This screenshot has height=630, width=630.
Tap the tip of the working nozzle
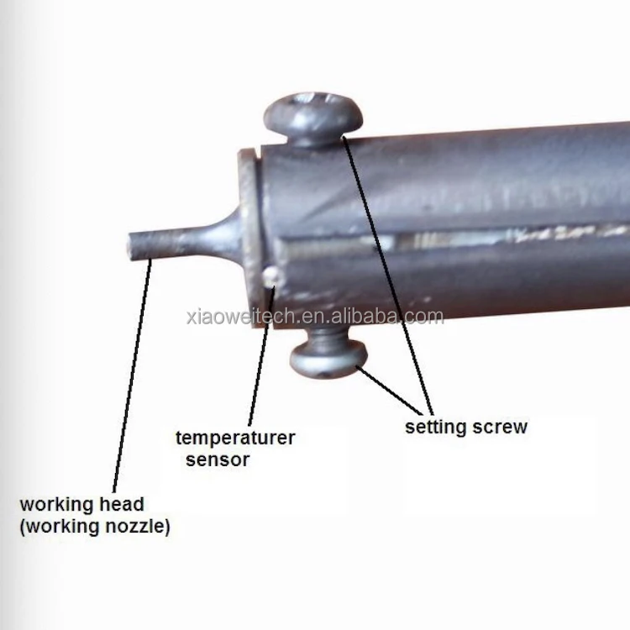(x=132, y=248)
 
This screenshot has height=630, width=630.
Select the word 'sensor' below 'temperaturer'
(x=217, y=459)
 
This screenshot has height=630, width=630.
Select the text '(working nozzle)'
(x=94, y=528)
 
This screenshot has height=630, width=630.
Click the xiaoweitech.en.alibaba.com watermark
(x=314, y=317)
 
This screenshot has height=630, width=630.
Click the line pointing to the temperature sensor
(x=258, y=361)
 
